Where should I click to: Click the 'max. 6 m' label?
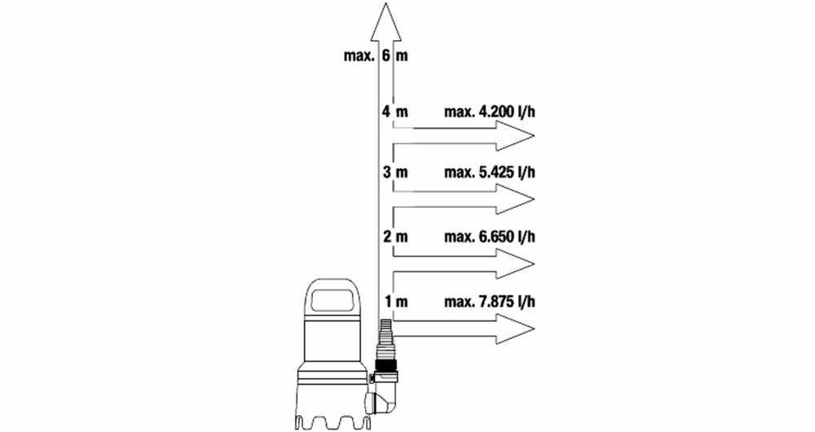[376, 55]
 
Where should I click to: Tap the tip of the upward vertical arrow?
[385, 3]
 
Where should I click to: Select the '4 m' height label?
[395, 111]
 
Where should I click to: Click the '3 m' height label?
[395, 172]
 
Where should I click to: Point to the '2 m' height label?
[395, 236]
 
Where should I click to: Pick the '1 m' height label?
[396, 301]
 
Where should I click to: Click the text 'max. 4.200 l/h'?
[489, 111]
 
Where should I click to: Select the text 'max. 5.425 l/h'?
[489, 172]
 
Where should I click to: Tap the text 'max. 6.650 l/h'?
[489, 236]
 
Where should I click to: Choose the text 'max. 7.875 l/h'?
[489, 301]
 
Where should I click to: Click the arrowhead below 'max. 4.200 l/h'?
[514, 135]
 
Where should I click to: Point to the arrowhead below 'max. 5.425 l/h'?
[514, 199]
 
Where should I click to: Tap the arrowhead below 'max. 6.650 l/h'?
[514, 263]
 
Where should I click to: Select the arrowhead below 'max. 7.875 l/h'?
[514, 328]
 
